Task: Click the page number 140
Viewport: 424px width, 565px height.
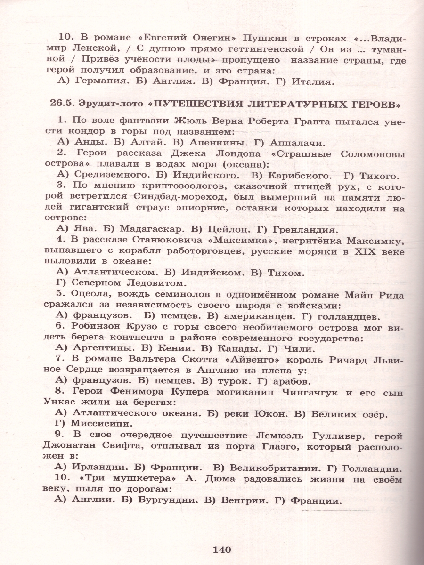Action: [221, 549]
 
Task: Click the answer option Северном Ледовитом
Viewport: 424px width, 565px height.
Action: [126, 283]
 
